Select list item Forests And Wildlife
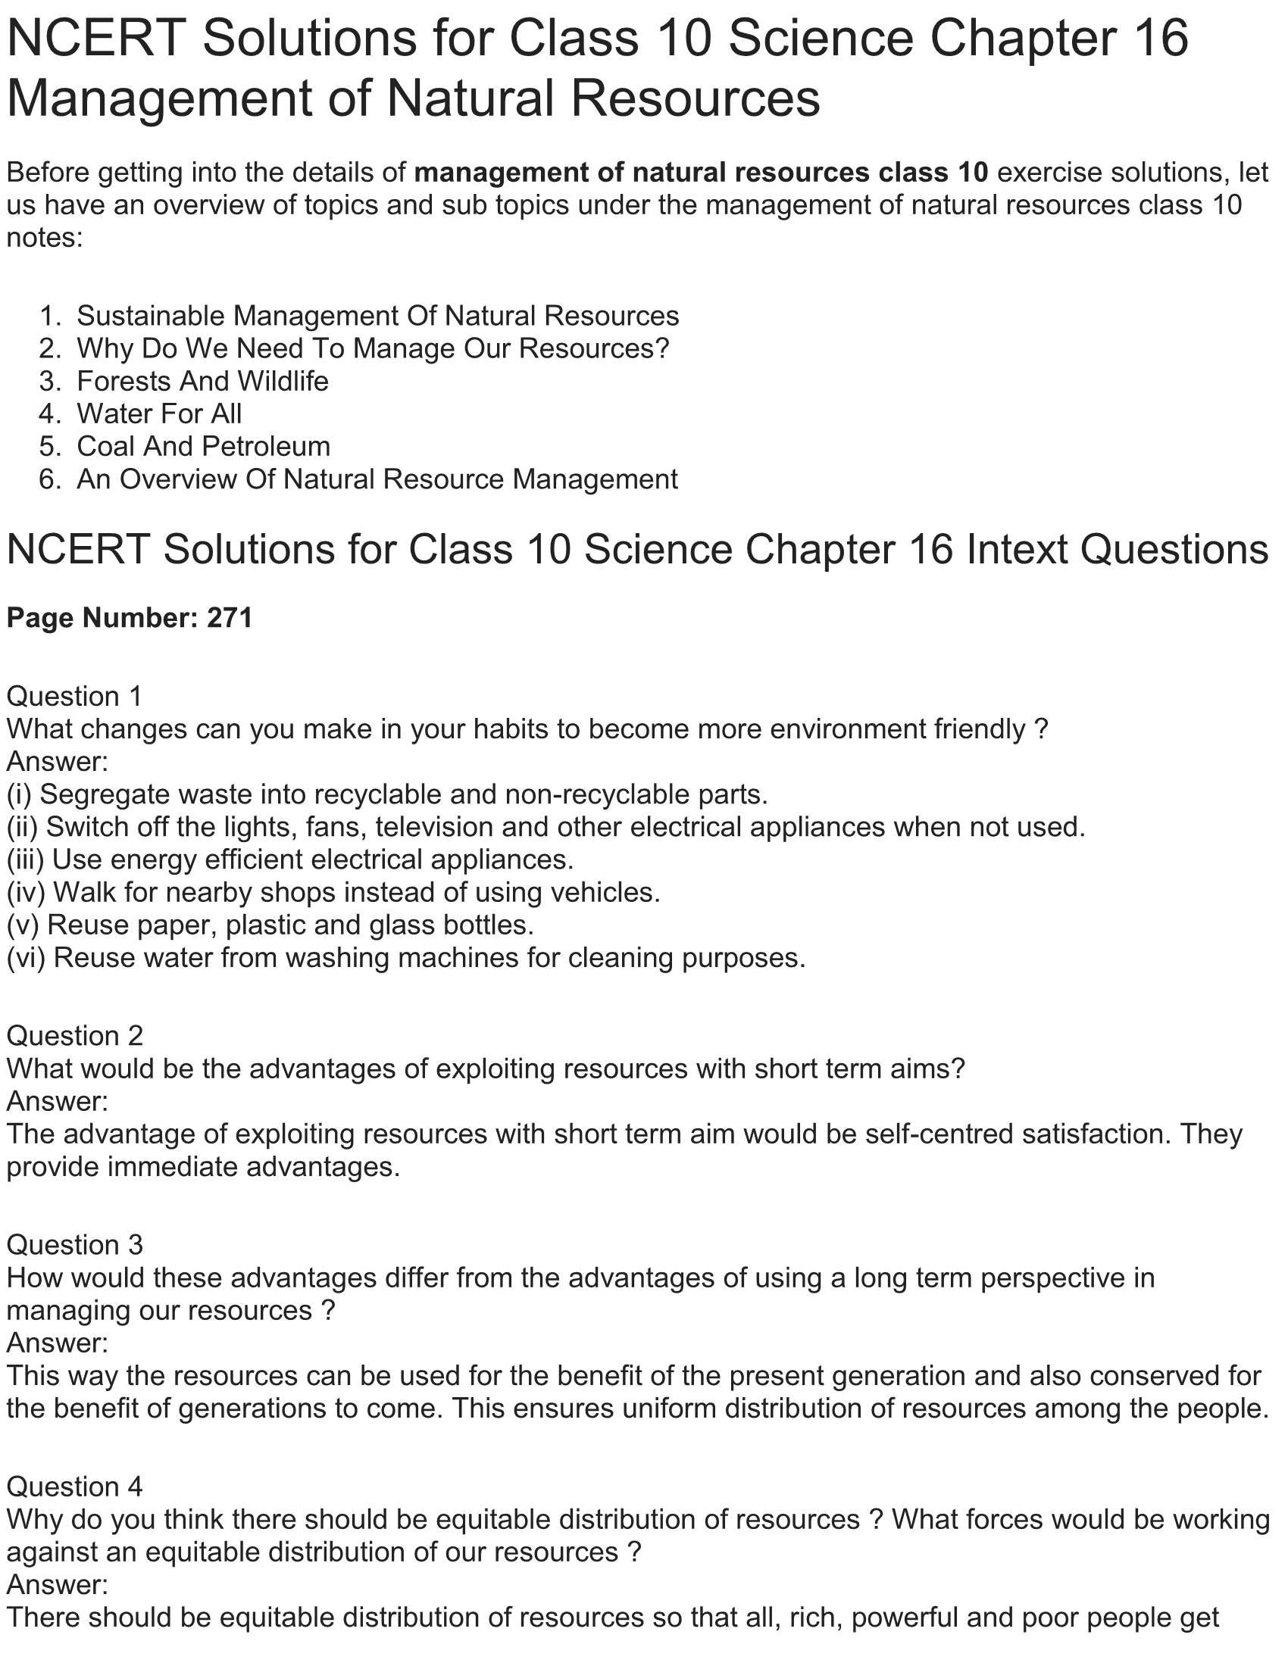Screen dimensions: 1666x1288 [x=202, y=381]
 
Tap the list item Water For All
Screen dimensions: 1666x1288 [x=158, y=413]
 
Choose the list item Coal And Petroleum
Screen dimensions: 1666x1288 [x=203, y=446]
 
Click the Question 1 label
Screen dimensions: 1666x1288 [x=74, y=697]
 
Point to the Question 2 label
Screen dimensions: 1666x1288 [x=74, y=1036]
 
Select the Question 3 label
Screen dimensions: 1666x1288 [x=74, y=1244]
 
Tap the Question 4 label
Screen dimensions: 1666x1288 [x=74, y=1487]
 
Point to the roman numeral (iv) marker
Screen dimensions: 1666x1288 [x=26, y=892]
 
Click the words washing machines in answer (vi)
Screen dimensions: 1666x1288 [x=418, y=957]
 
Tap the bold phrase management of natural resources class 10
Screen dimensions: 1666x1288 [x=701, y=173]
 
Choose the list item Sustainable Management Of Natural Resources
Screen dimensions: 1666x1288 [x=378, y=316]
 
